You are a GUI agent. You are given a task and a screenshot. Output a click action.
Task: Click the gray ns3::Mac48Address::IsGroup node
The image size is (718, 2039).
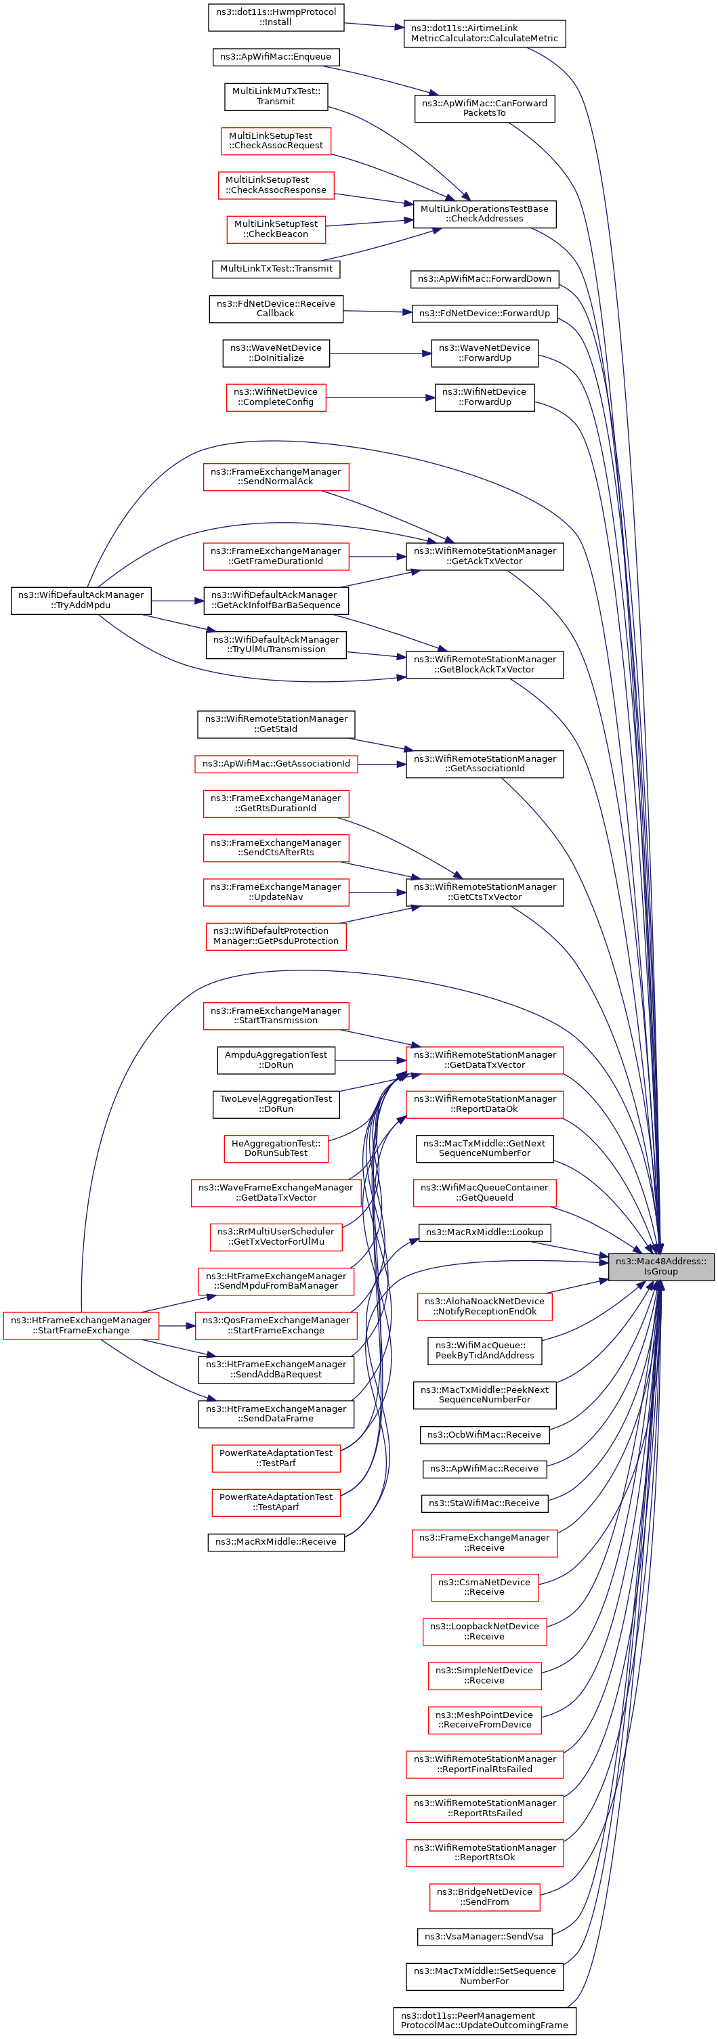pos(661,1266)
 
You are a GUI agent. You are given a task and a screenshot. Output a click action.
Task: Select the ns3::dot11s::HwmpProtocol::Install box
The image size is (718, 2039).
pos(276,18)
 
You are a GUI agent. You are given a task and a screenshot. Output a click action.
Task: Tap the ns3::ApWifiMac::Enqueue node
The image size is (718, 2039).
pos(276,57)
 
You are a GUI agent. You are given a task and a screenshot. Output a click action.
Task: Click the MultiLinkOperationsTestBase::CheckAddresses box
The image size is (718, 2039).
pos(484,214)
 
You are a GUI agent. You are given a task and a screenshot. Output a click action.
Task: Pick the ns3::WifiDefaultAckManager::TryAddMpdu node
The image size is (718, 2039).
pos(81,600)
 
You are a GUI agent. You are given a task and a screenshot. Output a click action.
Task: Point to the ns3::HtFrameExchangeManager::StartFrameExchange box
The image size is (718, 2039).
pos(81,1325)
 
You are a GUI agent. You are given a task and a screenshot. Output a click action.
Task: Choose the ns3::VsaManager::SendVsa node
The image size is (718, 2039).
pos(484,1936)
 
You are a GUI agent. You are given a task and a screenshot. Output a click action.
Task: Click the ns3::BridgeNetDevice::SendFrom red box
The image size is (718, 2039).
pos(484,1897)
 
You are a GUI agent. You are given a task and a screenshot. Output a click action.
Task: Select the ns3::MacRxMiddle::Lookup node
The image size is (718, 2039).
pos(484,1232)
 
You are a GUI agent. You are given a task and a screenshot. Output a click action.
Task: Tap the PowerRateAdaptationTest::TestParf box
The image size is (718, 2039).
pos(276,1457)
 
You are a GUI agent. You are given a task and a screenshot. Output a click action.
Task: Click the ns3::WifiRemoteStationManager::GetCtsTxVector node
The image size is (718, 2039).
pos(484,892)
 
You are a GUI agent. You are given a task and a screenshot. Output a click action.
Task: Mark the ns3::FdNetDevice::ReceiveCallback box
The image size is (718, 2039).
pos(276,309)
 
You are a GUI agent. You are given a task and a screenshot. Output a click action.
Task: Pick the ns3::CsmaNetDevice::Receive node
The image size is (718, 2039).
pos(484,1586)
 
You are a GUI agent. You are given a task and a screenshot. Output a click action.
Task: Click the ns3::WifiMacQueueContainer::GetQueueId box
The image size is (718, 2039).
pos(484,1192)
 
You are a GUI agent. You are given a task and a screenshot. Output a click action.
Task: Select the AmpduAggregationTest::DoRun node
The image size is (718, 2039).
pos(276,1060)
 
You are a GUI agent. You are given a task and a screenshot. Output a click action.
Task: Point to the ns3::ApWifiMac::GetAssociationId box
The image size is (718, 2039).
pos(276,764)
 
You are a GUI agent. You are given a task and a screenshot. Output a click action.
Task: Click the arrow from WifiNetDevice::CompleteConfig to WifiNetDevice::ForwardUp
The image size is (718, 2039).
pos(380,398)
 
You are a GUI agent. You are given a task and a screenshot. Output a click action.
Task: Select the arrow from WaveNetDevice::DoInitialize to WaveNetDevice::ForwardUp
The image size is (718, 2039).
pos(380,353)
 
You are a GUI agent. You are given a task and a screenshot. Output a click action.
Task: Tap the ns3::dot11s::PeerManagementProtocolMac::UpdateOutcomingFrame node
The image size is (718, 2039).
pos(484,2020)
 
